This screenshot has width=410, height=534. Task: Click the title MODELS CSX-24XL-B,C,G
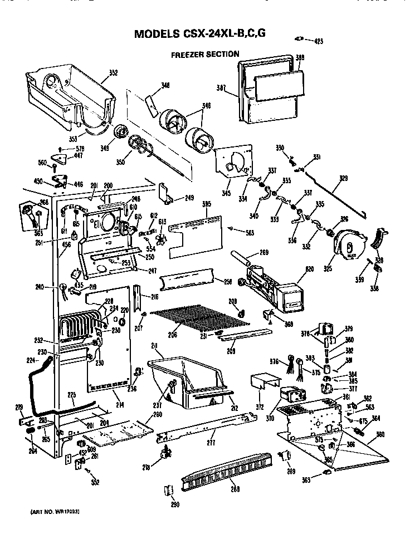click(200, 33)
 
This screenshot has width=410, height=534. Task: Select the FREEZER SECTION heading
click(204, 55)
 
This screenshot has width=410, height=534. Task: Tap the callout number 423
click(318, 41)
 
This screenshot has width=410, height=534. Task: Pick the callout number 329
click(343, 178)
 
